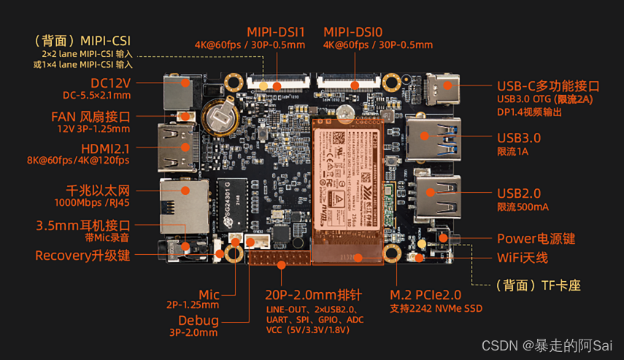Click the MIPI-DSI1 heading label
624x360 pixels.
tap(275, 32)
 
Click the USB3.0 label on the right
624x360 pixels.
tap(518, 137)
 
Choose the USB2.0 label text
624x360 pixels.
tap(518, 194)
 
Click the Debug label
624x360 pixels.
tap(198, 321)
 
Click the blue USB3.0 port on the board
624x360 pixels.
tap(436, 137)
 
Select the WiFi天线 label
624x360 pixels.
tap(522, 258)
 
